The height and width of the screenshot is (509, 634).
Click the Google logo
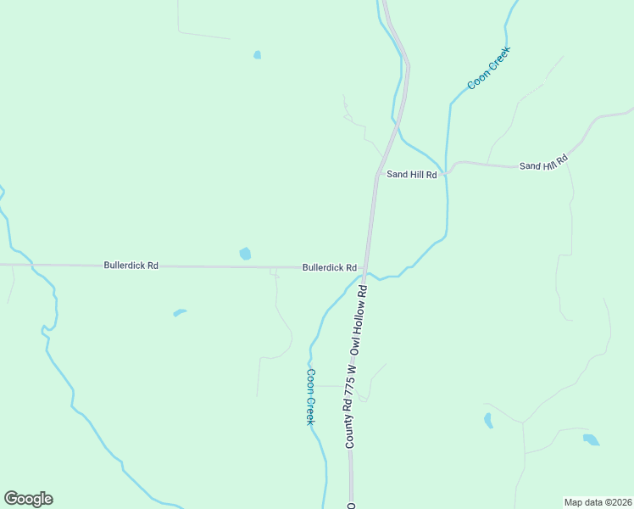pyautogui.click(x=29, y=498)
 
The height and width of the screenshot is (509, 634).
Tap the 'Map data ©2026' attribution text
pyautogui.click(x=598, y=501)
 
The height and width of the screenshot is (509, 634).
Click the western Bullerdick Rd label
pyautogui.click(x=131, y=266)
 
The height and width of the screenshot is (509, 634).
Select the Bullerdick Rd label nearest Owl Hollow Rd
pyautogui.click(x=329, y=267)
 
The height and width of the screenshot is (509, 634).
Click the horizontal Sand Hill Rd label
pyautogui.click(x=411, y=175)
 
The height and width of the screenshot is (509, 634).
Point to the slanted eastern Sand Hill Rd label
pyautogui.click(x=542, y=161)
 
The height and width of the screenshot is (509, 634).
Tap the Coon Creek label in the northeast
pyautogui.click(x=489, y=68)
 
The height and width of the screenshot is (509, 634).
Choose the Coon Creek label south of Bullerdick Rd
pyautogui.click(x=311, y=396)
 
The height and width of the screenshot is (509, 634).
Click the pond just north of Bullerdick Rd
pyautogui.click(x=245, y=253)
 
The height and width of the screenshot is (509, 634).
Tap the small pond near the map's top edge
pyautogui.click(x=257, y=55)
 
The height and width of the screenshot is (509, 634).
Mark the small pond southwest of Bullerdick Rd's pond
pyautogui.click(x=179, y=313)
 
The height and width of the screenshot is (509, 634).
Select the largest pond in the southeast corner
pyautogui.click(x=591, y=439)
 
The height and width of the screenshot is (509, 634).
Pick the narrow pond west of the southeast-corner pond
pyautogui.click(x=488, y=419)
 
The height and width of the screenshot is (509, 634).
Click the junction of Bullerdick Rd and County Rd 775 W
pyautogui.click(x=365, y=268)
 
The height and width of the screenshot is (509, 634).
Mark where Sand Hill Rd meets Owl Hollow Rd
pyautogui.click(x=377, y=176)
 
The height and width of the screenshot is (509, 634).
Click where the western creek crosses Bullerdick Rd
pyautogui.click(x=31, y=266)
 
